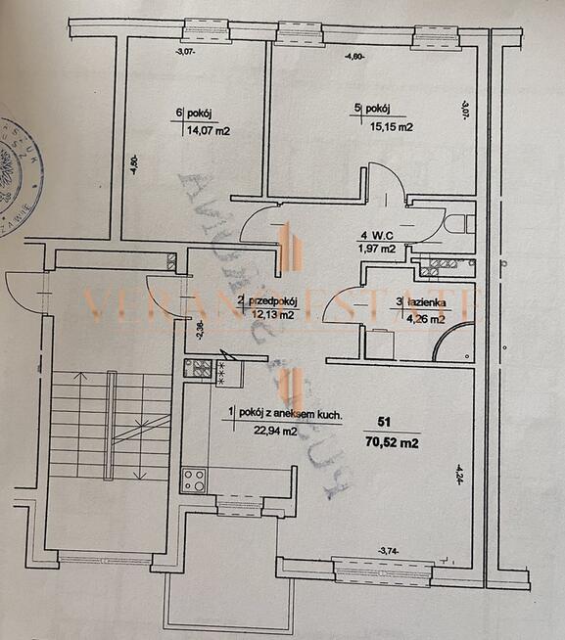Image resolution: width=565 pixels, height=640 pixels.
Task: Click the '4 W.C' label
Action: [x=377, y=235]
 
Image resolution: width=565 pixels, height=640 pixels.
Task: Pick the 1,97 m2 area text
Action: [x=377, y=249]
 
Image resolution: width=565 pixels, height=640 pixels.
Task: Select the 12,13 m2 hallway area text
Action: [x=274, y=316]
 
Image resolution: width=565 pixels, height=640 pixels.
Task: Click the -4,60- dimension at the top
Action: [x=355, y=56]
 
